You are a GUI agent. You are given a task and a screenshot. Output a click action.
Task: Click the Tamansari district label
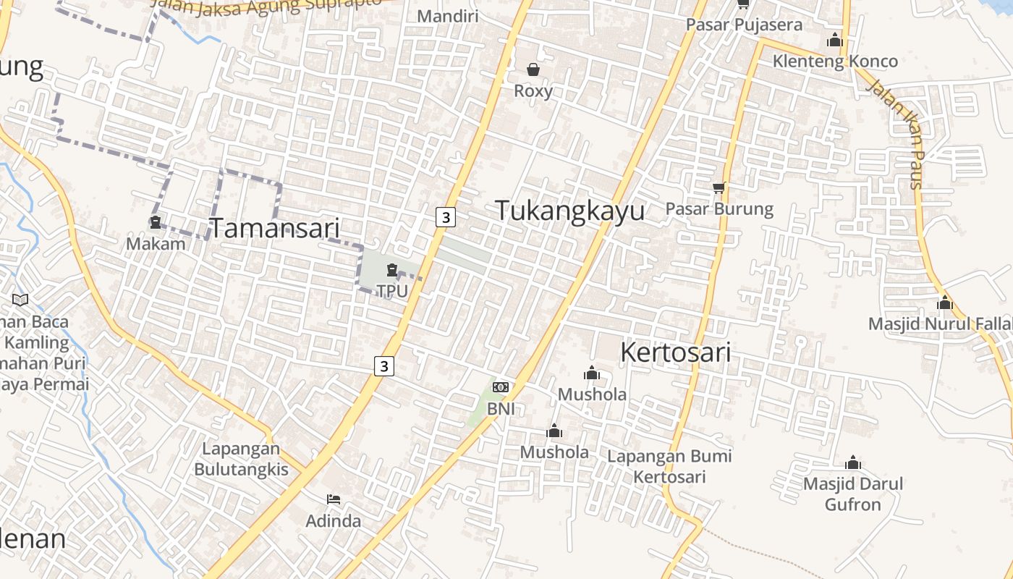[274, 228]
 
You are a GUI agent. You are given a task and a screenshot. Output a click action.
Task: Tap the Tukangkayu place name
[569, 211]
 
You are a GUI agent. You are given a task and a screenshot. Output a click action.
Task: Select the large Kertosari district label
[675, 352]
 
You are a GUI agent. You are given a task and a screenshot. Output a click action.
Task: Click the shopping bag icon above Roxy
[533, 69]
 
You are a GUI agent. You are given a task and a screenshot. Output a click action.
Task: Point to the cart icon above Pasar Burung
[719, 188]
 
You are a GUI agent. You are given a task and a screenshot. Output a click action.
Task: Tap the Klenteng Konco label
[835, 61]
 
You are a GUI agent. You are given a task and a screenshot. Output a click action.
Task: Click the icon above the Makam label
[156, 222]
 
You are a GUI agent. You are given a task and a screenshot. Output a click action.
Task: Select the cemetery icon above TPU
[392, 271]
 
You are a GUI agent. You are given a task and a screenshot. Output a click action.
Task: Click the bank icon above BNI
[501, 387]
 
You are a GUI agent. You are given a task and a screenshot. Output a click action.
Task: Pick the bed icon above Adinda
[334, 499]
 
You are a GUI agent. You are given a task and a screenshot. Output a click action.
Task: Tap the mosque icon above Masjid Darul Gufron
[853, 463]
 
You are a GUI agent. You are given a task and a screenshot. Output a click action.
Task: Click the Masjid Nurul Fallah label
[940, 324]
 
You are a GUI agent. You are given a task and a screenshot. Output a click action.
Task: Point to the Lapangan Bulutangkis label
[241, 459]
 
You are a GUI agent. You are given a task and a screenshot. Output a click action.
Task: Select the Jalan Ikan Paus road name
[904, 133]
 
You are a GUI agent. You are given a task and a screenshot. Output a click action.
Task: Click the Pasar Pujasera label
[744, 25]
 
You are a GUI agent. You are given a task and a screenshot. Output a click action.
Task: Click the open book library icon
[20, 300]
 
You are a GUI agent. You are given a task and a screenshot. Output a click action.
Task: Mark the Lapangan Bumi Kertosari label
[669, 466]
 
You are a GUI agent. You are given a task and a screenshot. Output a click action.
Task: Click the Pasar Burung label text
[719, 209]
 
